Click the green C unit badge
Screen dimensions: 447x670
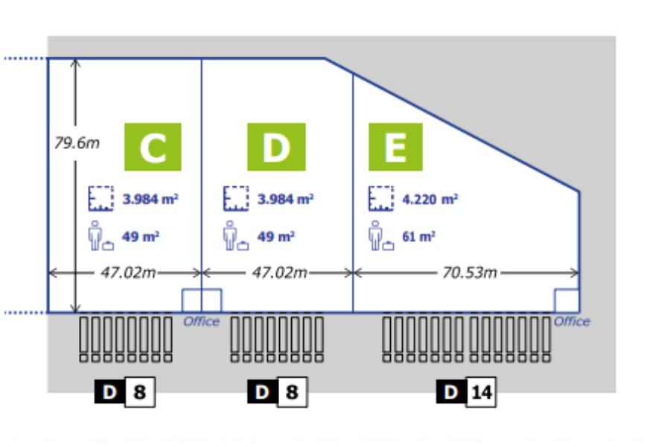(153, 147)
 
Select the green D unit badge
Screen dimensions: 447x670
(276, 147)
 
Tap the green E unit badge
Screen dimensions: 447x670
(395, 147)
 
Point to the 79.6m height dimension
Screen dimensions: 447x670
(76, 142)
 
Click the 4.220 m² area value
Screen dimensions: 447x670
(430, 199)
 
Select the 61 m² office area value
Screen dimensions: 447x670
(418, 237)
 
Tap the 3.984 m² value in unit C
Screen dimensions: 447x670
(150, 199)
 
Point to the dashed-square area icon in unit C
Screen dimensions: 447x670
(99, 198)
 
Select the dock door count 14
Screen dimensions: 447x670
(481, 392)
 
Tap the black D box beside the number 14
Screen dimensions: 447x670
(451, 392)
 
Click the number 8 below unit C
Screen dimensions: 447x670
(139, 392)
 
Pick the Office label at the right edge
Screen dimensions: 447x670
(572, 322)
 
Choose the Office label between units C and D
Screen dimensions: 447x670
(202, 322)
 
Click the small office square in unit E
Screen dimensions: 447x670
(567, 300)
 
